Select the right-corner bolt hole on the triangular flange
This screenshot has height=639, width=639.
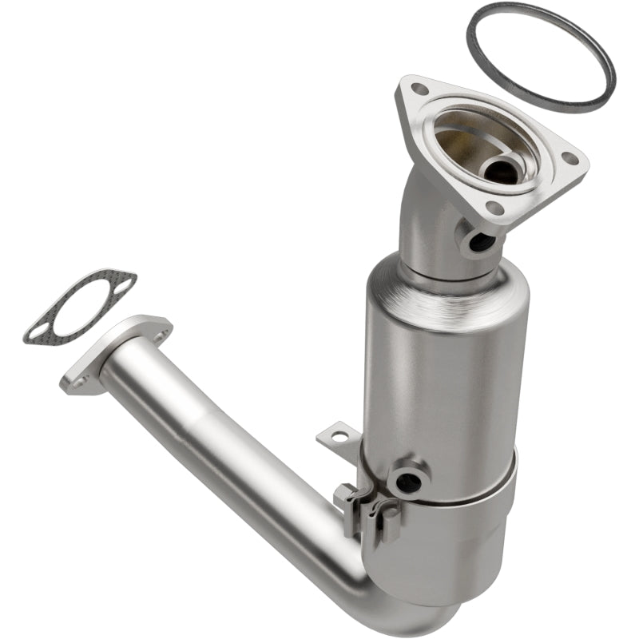click(x=570, y=158)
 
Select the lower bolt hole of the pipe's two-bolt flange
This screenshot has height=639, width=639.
click(x=78, y=383)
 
